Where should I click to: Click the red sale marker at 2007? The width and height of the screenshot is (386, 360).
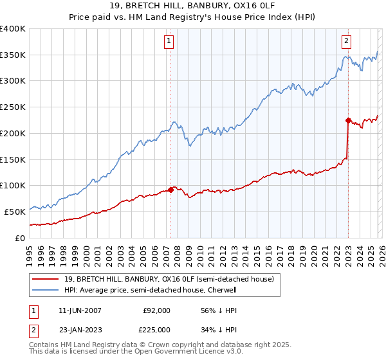click(171, 190)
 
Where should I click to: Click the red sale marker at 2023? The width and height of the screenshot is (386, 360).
click(348, 120)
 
